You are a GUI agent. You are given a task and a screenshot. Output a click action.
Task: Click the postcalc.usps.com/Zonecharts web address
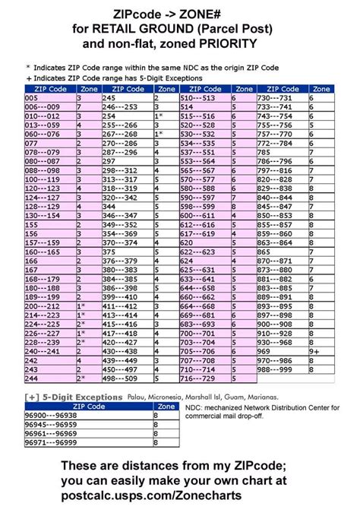[181, 495]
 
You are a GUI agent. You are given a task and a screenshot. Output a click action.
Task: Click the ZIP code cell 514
[186, 107]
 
